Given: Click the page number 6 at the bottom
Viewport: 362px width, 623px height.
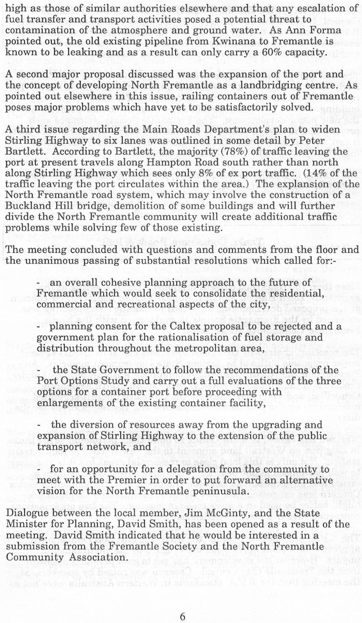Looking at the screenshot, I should [x=182, y=602].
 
